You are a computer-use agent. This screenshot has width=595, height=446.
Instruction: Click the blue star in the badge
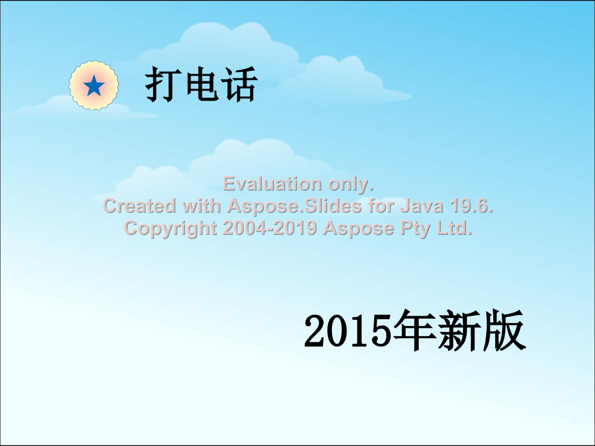[x=94, y=86]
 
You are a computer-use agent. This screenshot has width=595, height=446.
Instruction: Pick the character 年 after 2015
[x=414, y=329]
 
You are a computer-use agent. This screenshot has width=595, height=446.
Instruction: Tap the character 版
[x=503, y=329]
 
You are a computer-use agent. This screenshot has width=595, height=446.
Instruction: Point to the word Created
[x=140, y=206]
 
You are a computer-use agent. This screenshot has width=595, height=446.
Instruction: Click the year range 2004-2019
[x=270, y=228]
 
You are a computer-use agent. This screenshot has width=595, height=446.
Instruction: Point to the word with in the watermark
[x=202, y=206]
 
